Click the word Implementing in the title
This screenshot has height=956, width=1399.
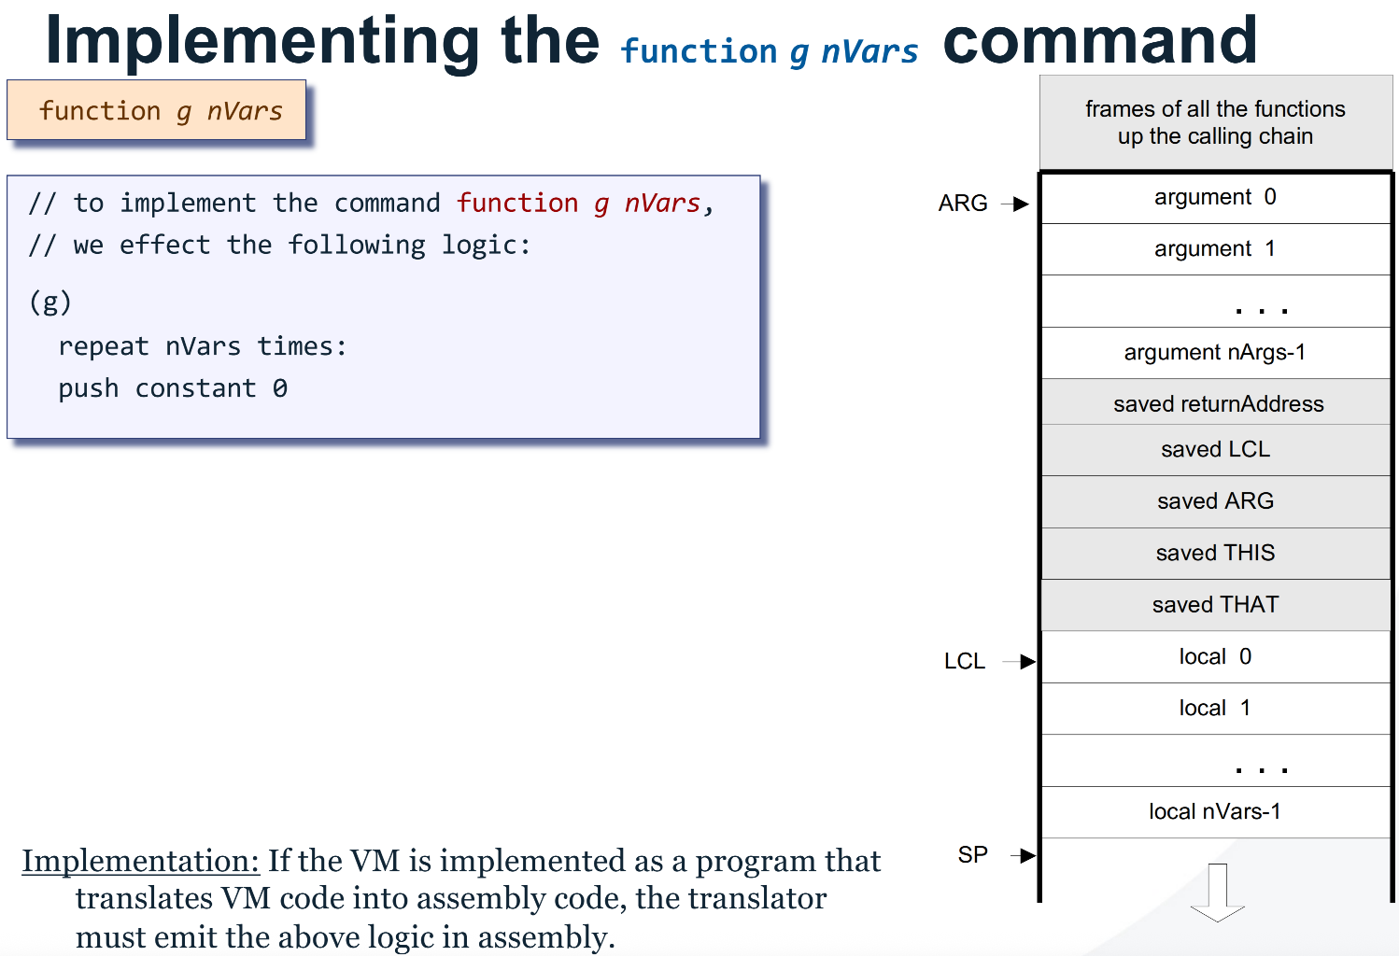pyautogui.click(x=261, y=42)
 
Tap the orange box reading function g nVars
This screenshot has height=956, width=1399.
pyautogui.click(x=157, y=111)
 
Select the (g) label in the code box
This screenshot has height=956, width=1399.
pyautogui.click(x=49, y=302)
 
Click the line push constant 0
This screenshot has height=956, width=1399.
pyautogui.click(x=173, y=388)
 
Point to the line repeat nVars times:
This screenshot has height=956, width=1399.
pyautogui.click(x=202, y=346)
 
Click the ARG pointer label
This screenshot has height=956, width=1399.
pyautogui.click(x=963, y=204)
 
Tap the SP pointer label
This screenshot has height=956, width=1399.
pyautogui.click(x=972, y=855)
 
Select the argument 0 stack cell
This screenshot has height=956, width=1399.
pyautogui.click(x=1215, y=198)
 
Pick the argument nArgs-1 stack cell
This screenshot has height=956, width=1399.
pyautogui.click(x=1215, y=353)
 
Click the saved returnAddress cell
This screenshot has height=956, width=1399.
pyautogui.click(x=1217, y=404)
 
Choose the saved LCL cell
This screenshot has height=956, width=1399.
pyautogui.click(x=1215, y=450)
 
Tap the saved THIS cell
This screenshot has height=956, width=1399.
pyautogui.click(x=1215, y=554)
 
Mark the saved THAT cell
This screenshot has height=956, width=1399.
pyautogui.click(x=1215, y=605)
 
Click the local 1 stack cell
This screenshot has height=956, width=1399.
pyautogui.click(x=1215, y=709)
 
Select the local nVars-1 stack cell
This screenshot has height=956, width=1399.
pyautogui.click(x=1215, y=812)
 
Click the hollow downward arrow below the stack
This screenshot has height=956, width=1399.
pyautogui.click(x=1217, y=893)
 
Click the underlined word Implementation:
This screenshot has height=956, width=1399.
pyautogui.click(x=140, y=861)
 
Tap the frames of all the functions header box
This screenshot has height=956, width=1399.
pyautogui.click(x=1215, y=123)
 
